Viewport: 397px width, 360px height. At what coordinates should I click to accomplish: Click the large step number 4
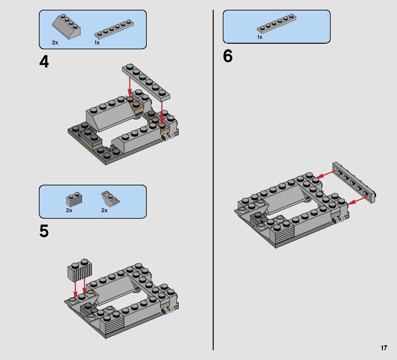(x=44, y=62)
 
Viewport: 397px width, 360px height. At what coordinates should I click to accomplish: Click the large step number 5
(x=44, y=231)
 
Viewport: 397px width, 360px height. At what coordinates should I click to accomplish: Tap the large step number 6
(x=228, y=56)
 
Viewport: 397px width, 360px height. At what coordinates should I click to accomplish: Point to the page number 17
(x=384, y=348)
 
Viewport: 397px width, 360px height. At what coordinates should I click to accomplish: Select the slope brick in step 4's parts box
(x=66, y=27)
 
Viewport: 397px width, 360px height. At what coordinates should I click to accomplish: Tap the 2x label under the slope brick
(x=55, y=42)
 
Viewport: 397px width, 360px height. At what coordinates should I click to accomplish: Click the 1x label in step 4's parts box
(x=97, y=42)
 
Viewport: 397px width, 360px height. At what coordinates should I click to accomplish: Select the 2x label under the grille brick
(x=69, y=211)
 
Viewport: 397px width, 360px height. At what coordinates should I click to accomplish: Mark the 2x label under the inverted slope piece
(x=104, y=211)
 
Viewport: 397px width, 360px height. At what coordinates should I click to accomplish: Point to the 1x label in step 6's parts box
(x=260, y=37)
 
